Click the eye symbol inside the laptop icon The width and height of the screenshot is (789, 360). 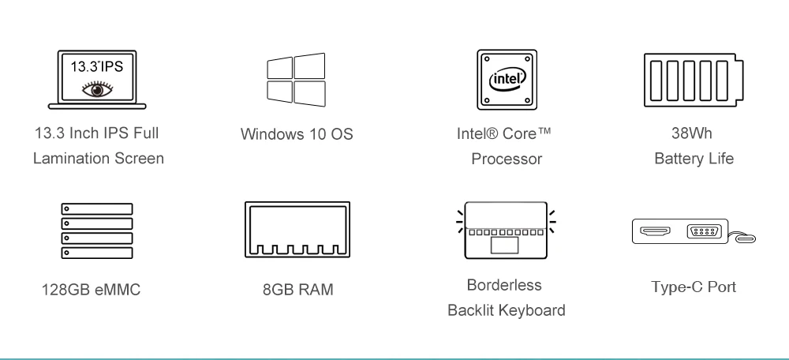pos(97,88)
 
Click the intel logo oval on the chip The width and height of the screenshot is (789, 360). pos(507,79)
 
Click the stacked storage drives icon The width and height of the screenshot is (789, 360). pos(97,231)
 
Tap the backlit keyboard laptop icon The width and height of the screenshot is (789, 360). pos(506,231)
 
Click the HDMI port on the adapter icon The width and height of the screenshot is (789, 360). pos(655,232)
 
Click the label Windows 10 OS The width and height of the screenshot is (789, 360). pos(297,134)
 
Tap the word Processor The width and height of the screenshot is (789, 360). pos(507,159)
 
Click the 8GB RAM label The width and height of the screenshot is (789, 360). pos(297,290)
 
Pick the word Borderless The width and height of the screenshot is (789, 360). pos(506,284)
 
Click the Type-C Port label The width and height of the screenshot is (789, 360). pos(694,286)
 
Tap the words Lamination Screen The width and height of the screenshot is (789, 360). pos(98,159)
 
